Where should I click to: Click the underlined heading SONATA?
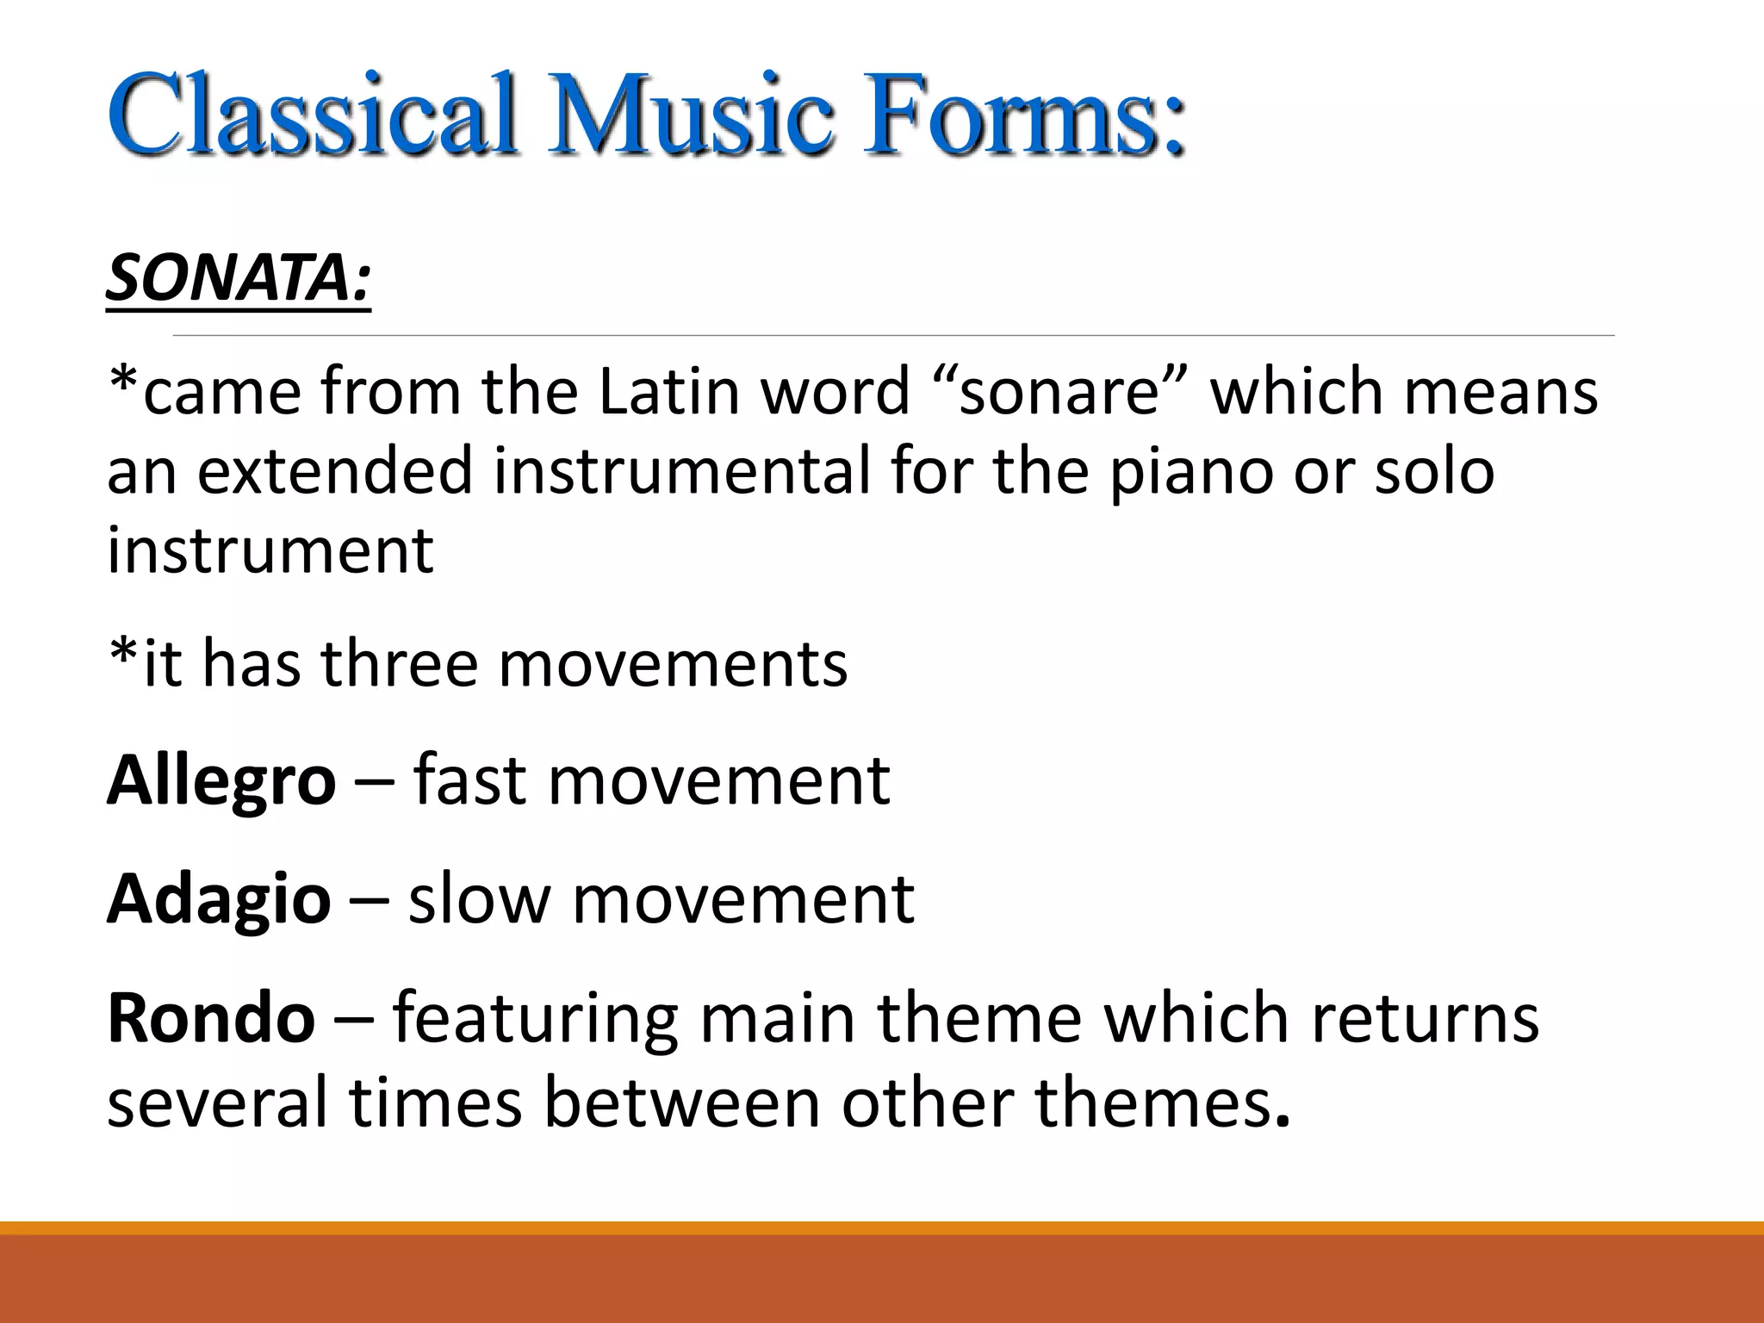[x=238, y=278]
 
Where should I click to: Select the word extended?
[x=336, y=471]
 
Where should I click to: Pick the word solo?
[x=1433, y=471]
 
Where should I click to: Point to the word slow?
[x=479, y=898]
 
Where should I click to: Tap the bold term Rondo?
[x=211, y=1017]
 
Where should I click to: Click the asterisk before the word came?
[x=124, y=379]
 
